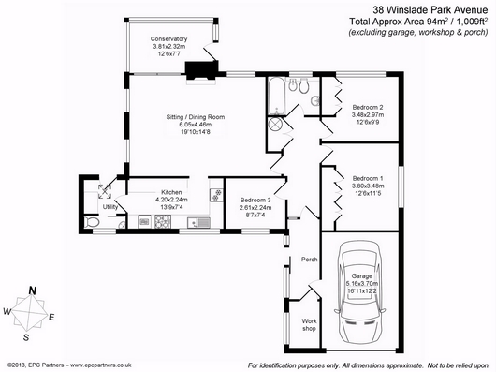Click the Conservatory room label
(168, 39)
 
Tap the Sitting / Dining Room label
(196, 117)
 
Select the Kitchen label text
(171, 192)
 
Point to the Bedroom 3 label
(255, 201)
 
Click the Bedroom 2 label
(368, 107)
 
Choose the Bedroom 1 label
(368, 178)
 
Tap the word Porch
(310, 260)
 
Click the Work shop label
(309, 325)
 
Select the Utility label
(110, 207)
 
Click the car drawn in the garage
(359, 292)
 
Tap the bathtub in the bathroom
(277, 97)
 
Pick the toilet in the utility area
(92, 222)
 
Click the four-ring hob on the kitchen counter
(163, 221)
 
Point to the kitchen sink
(198, 223)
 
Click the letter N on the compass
(32, 290)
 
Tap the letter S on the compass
(26, 337)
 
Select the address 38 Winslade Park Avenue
(430, 10)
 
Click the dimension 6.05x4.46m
(196, 125)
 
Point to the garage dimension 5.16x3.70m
(362, 284)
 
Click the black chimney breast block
(201, 70)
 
